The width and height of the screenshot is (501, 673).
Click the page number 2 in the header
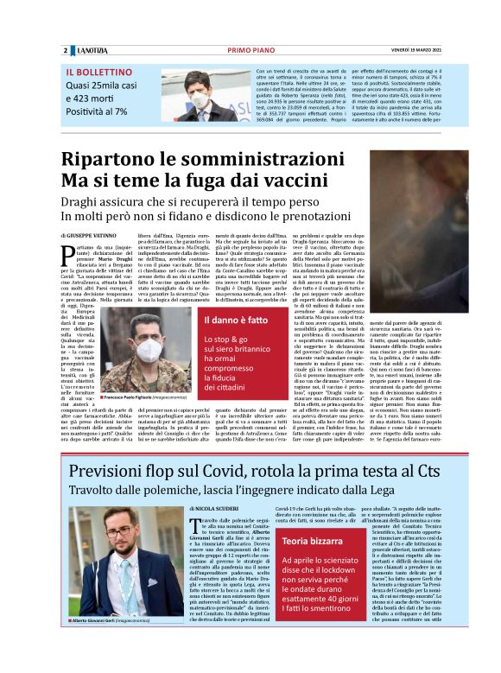click(x=65, y=50)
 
